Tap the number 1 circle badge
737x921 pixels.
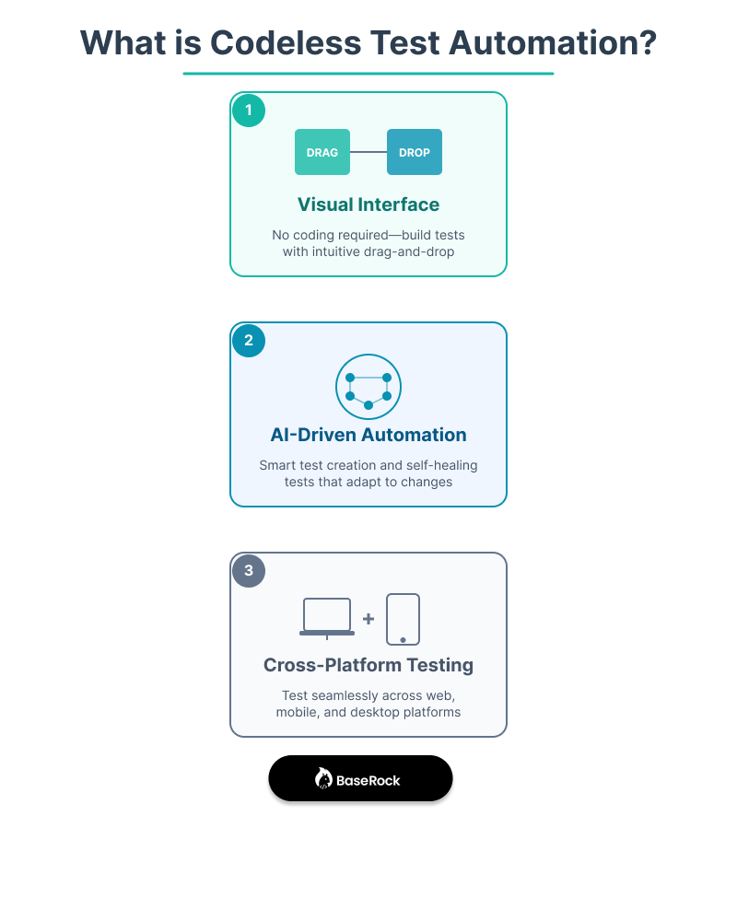click(249, 111)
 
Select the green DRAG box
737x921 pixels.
click(322, 152)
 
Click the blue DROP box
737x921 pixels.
click(415, 152)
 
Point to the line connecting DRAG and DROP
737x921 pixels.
click(368, 152)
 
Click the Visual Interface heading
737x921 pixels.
click(368, 204)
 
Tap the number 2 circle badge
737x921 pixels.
click(249, 341)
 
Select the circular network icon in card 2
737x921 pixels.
click(368, 387)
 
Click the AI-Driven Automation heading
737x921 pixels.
click(368, 435)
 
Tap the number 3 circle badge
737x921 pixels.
click(249, 571)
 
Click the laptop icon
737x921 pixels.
click(327, 617)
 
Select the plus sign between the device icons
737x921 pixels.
click(368, 619)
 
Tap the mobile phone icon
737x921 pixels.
click(404, 619)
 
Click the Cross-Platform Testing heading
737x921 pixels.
click(368, 665)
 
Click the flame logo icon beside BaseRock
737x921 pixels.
click(323, 779)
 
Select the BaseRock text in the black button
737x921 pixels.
click(368, 780)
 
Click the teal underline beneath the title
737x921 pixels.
click(368, 73)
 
